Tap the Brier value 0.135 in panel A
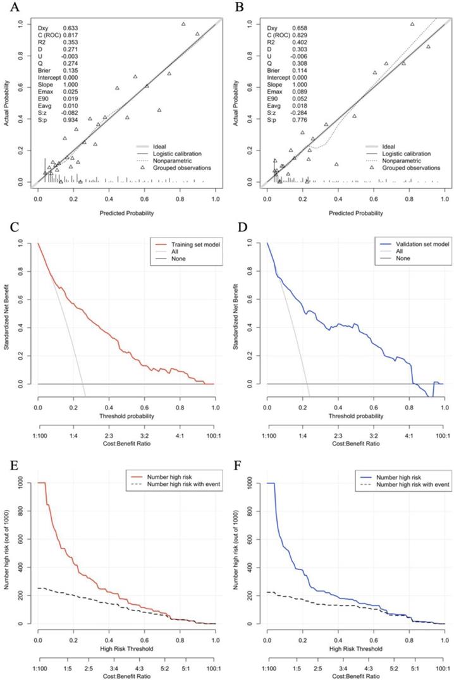71,71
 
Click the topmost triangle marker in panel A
183,24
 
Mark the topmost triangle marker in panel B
412,24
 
